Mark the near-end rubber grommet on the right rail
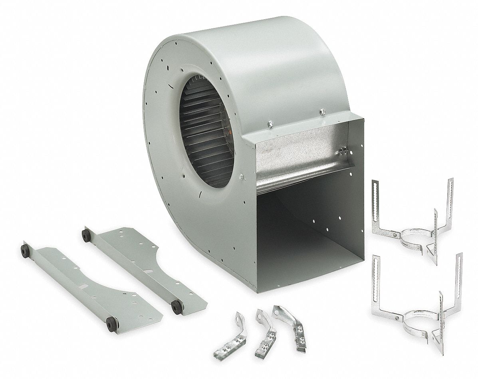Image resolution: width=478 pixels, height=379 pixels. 175,307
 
